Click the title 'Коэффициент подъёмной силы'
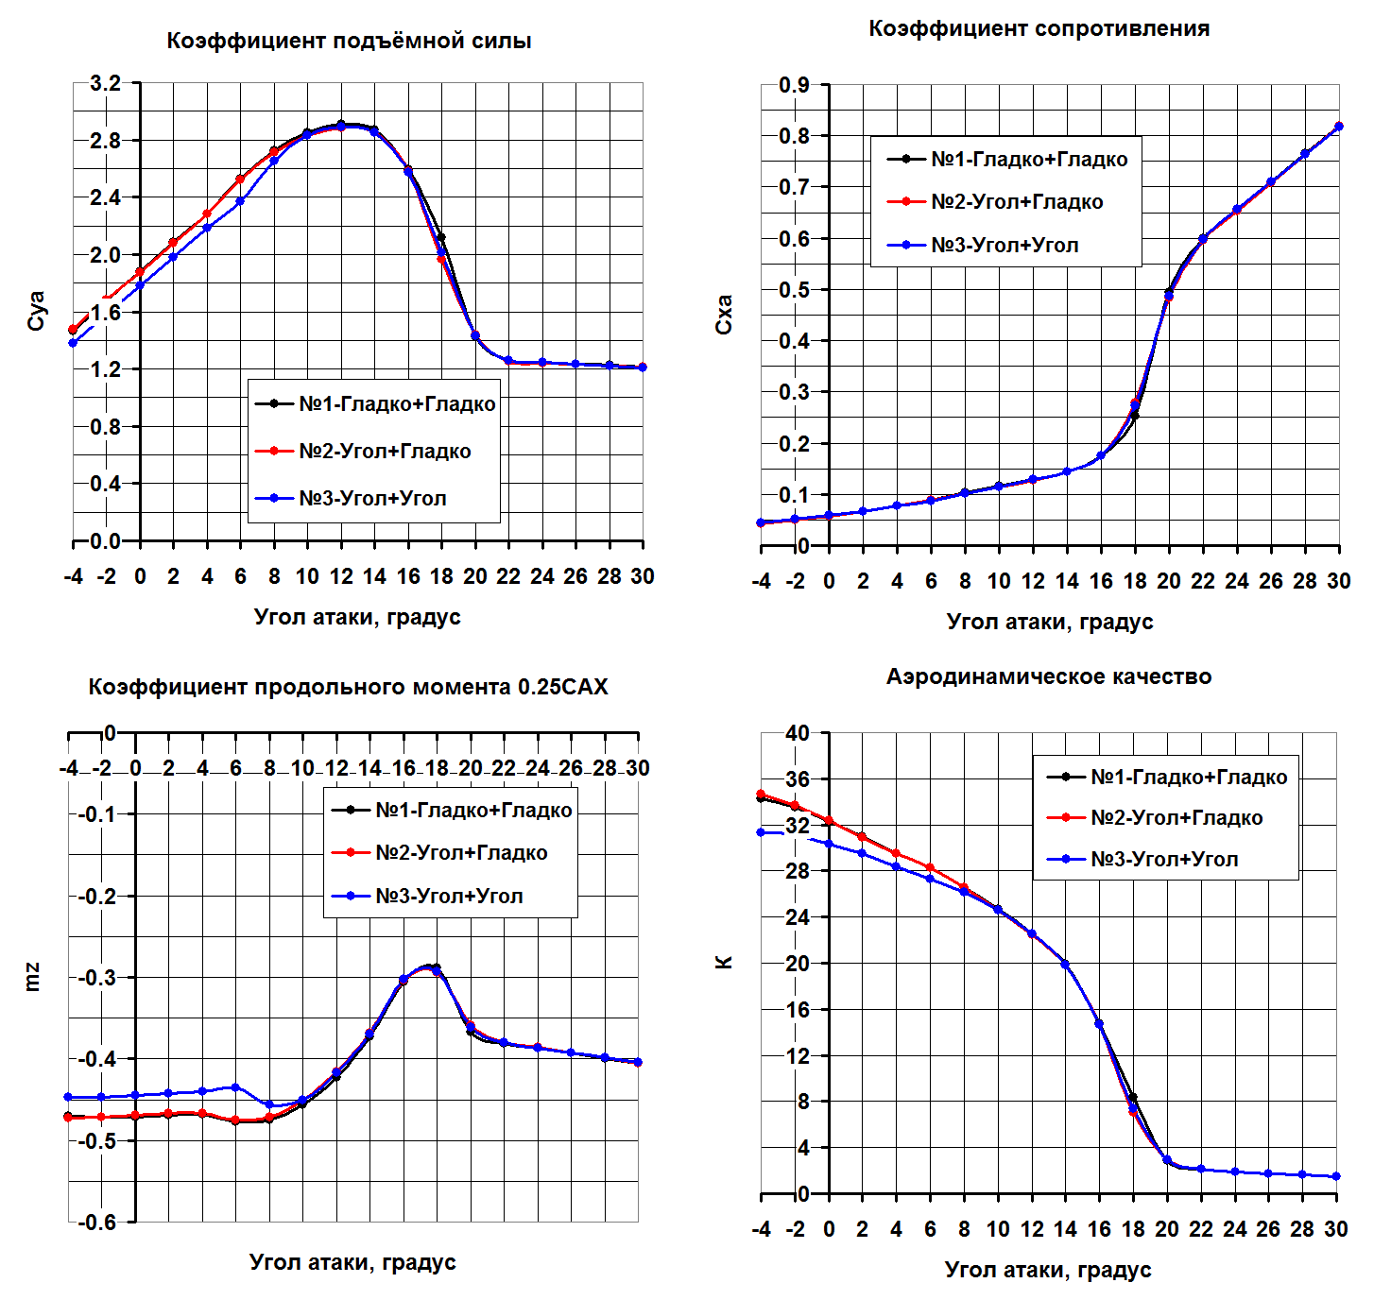click(349, 42)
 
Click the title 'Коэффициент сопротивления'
click(1039, 29)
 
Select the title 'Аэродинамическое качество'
click(1048, 677)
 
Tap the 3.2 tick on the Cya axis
click(105, 83)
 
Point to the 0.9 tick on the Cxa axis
click(794, 85)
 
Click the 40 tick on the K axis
click(797, 733)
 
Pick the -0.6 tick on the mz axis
click(96, 1222)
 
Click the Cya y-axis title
click(36, 311)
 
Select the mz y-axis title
click(33, 977)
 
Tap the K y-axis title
click(725, 963)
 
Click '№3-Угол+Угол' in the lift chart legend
click(372, 499)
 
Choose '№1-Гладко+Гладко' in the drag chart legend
click(1029, 160)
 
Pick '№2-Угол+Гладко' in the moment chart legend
click(461, 853)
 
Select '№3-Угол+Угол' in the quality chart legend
click(1164, 860)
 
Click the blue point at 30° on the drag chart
click(1338, 127)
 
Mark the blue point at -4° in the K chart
click(761, 832)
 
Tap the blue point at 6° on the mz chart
click(235, 1087)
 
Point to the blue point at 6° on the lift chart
click(240, 201)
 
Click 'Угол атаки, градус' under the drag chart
click(1049, 622)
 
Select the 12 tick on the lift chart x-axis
click(341, 576)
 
